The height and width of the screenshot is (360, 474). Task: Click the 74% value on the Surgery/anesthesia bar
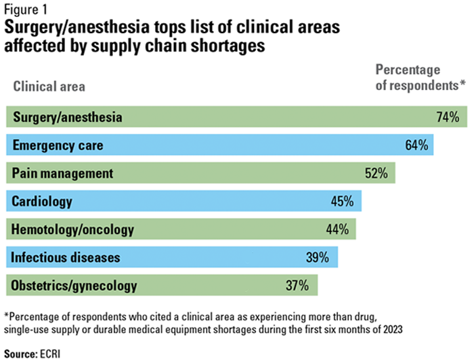pos(448,117)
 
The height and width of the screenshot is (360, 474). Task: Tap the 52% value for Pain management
pos(376,173)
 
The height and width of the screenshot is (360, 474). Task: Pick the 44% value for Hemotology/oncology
pos(337,229)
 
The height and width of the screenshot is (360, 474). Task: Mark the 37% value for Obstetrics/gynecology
pos(297,286)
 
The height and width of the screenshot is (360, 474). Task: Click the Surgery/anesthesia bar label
pos(67,117)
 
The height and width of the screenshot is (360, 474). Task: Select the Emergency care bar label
pos(58,145)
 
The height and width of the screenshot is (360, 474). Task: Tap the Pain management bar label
pos(62,173)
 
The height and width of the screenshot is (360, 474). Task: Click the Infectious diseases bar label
pos(66,257)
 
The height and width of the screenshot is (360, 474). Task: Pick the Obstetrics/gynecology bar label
pos(74,286)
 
